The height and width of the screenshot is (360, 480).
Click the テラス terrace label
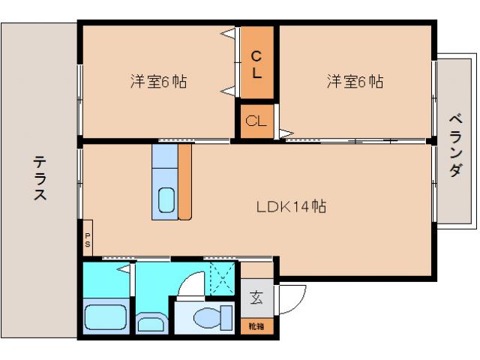40,178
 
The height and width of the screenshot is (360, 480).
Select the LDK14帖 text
292,206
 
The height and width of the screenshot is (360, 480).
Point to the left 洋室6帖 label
157,82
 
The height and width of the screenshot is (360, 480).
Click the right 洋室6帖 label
355,82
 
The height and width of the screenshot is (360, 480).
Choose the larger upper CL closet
256,64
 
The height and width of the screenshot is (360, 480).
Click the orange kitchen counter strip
184,182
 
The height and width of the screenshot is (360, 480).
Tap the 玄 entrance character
256,297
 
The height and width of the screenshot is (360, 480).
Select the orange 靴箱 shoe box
256,325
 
